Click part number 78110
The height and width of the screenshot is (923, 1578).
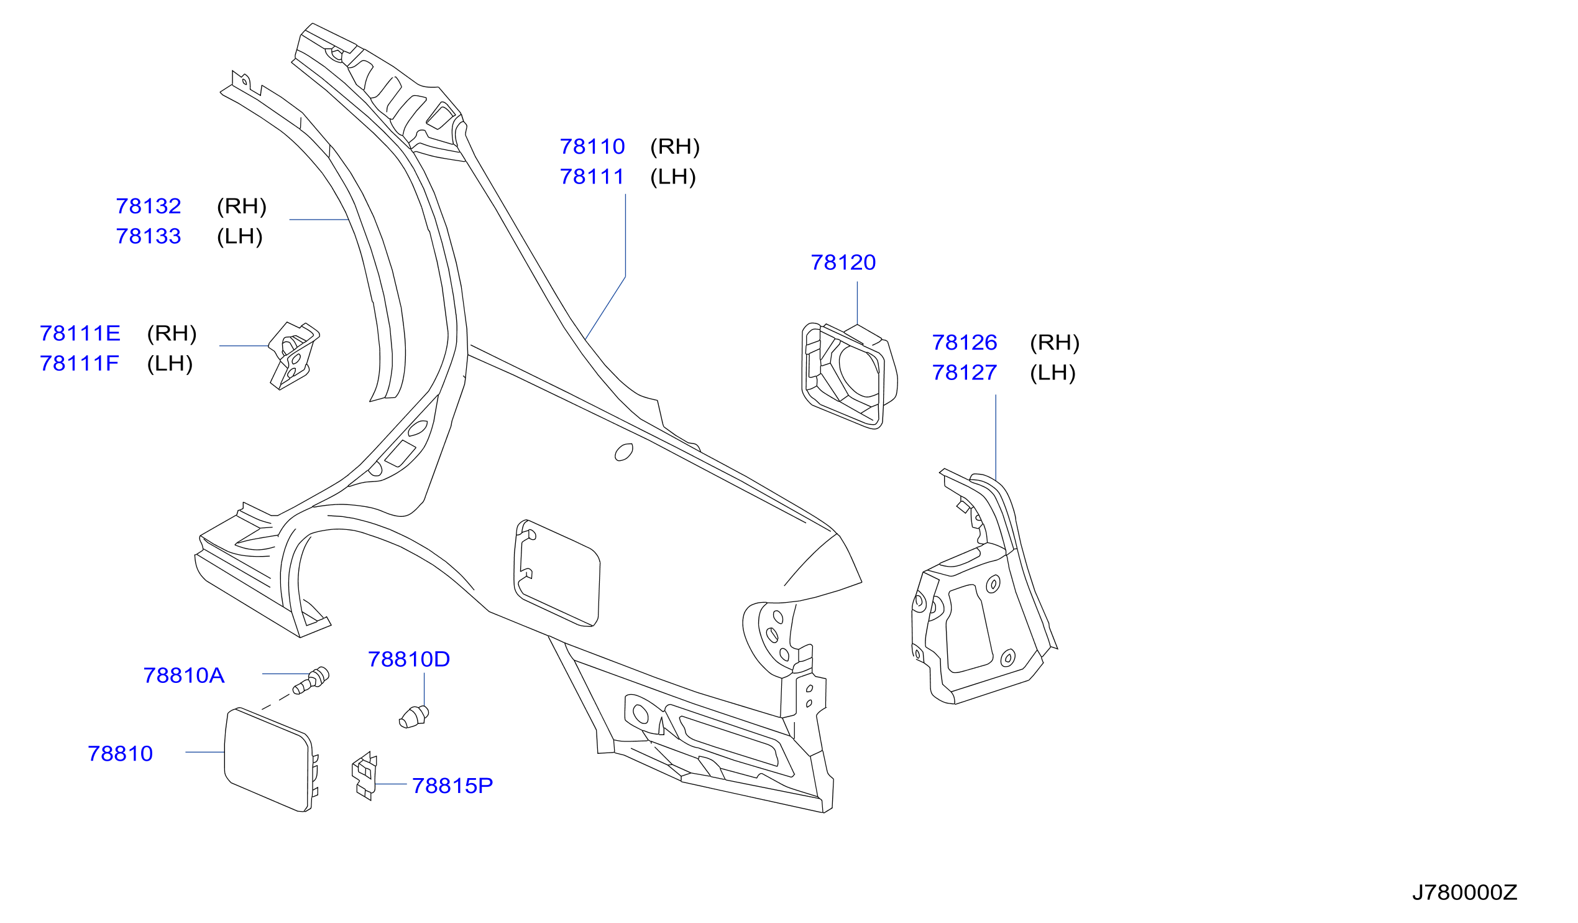[592, 147]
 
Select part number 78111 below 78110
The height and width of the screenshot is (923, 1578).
[592, 177]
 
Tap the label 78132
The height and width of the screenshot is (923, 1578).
[149, 206]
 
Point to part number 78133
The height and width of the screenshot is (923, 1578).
[149, 236]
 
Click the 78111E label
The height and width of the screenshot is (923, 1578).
[80, 333]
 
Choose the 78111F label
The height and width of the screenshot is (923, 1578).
[79, 363]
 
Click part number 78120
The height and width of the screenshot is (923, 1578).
[843, 262]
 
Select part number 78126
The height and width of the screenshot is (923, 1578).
[965, 343]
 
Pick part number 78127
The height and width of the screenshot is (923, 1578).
[965, 373]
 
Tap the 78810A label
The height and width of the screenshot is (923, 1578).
[183, 675]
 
